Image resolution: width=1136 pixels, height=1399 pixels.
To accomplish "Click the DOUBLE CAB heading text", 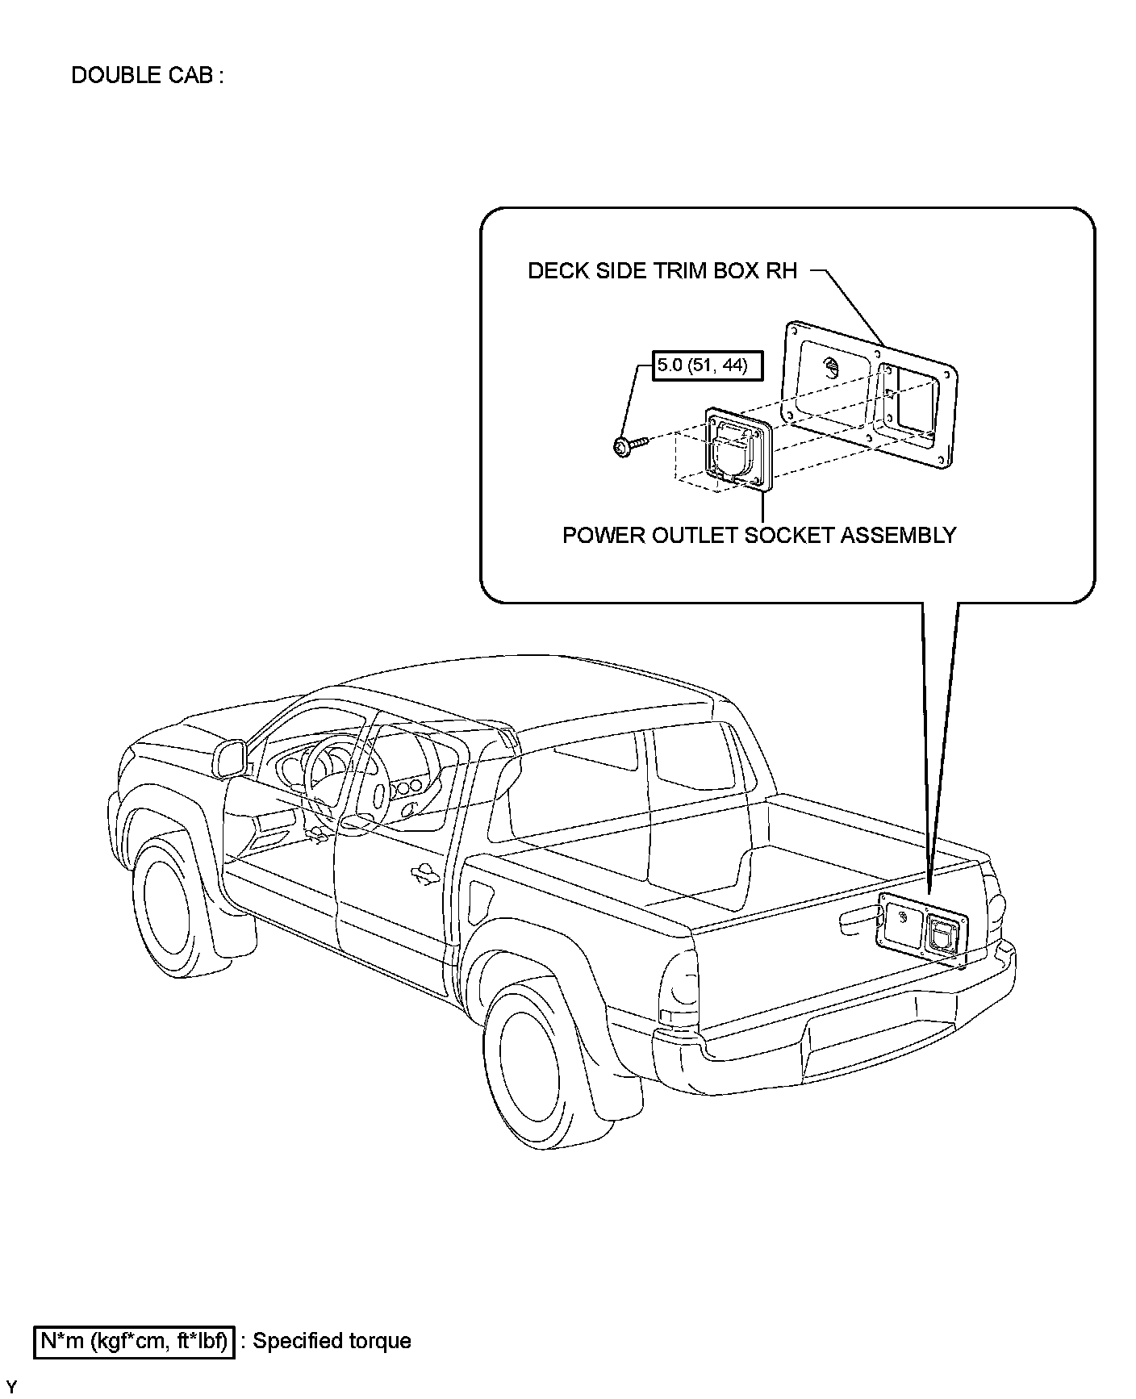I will [x=147, y=76].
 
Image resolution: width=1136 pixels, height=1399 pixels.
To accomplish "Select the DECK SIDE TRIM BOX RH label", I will [x=662, y=271].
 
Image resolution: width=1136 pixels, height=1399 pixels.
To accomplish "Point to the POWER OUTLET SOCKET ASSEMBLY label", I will [x=758, y=535].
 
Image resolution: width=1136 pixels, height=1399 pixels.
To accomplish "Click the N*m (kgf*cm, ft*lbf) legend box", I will [x=134, y=1341].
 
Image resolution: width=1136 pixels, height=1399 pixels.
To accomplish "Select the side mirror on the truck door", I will [x=230, y=758].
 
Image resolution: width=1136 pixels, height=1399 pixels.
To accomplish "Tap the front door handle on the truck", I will [x=423, y=873].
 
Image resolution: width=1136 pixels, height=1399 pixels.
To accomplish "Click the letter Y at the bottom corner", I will [x=11, y=1388].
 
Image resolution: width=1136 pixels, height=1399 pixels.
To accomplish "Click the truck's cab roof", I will [x=516, y=686].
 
